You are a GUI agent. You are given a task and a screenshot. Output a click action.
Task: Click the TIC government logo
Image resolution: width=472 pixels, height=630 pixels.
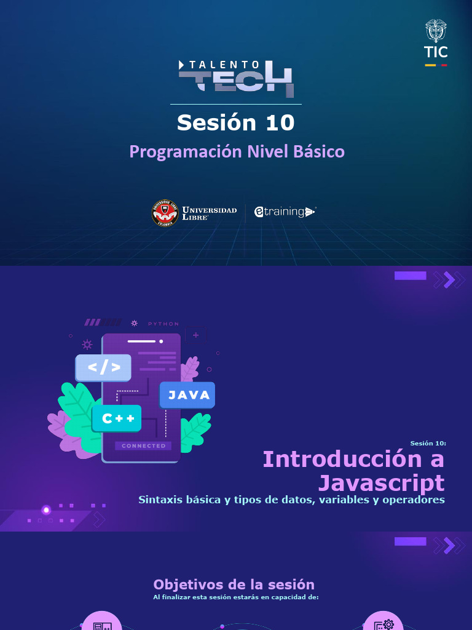click(436, 42)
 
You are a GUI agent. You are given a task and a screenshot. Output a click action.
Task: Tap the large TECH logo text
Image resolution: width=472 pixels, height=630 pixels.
click(236, 81)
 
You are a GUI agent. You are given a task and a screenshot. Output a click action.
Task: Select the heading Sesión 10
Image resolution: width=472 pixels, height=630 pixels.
click(236, 122)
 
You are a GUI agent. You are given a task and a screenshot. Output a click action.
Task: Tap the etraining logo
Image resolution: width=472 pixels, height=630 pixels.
click(285, 212)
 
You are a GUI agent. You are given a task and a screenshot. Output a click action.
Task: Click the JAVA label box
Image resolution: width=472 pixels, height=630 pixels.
click(187, 395)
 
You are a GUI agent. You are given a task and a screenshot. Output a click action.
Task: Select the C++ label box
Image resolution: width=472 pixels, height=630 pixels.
click(117, 418)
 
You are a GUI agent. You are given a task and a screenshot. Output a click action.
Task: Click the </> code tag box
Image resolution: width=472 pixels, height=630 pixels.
click(103, 367)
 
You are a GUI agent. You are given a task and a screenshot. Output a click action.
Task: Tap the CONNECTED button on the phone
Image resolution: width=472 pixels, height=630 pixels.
click(143, 445)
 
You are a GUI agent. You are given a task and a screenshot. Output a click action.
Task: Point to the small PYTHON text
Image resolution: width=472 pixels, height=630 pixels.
click(163, 324)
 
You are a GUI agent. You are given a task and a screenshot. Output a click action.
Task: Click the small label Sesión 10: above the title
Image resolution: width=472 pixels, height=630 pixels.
click(428, 443)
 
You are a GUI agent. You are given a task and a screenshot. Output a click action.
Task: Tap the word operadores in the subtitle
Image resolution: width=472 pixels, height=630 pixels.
click(413, 500)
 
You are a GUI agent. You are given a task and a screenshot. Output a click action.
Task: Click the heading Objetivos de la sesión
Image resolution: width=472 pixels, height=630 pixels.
click(234, 584)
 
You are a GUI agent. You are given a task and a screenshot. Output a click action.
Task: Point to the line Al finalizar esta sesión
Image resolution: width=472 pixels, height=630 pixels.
click(236, 597)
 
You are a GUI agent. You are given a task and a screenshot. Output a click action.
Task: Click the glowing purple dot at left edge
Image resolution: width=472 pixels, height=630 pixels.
click(46, 509)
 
